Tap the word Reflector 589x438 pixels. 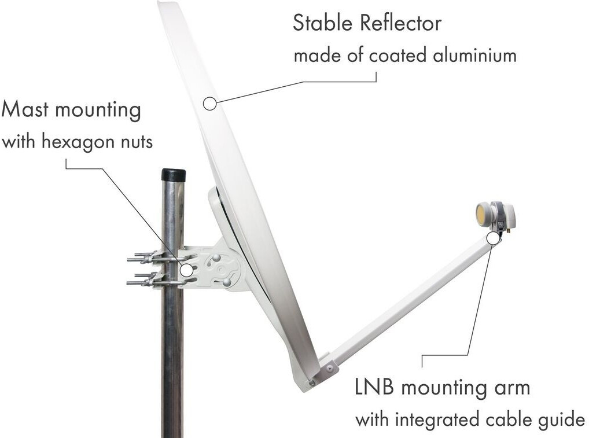400,23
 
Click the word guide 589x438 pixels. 561,419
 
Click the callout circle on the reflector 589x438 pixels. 209,104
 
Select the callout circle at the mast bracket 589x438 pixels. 186,270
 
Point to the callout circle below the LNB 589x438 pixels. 493,238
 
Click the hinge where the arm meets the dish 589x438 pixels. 328,366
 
